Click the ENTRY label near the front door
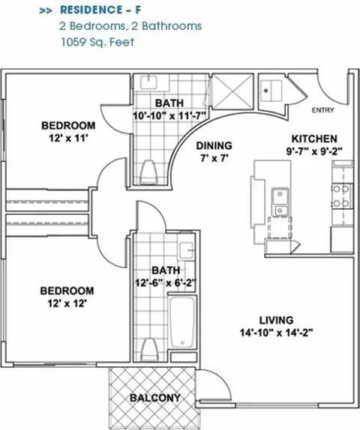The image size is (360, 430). tap(323, 110)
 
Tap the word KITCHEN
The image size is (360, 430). tap(314, 139)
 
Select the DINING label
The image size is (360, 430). tap(214, 145)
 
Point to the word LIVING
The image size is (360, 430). tap(276, 320)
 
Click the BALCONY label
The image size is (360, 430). tap(155, 398)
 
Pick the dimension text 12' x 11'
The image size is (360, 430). tap(68, 139)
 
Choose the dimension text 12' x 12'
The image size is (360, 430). tap(67, 303)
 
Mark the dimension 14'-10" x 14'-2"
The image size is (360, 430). tap(277, 333)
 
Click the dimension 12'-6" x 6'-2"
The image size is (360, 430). tap(166, 282)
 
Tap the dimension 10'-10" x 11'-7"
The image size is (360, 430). tap(169, 115)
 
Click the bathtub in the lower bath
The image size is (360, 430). tap(182, 322)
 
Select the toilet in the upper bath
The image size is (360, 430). tap(148, 172)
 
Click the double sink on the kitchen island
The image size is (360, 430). tap(280, 202)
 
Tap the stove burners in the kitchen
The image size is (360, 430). tap(341, 196)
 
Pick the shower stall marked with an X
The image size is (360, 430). tap(232, 91)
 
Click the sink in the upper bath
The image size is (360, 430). tap(148, 82)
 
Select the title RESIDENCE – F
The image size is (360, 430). tap(100, 10)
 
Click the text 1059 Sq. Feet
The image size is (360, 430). tap(97, 42)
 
